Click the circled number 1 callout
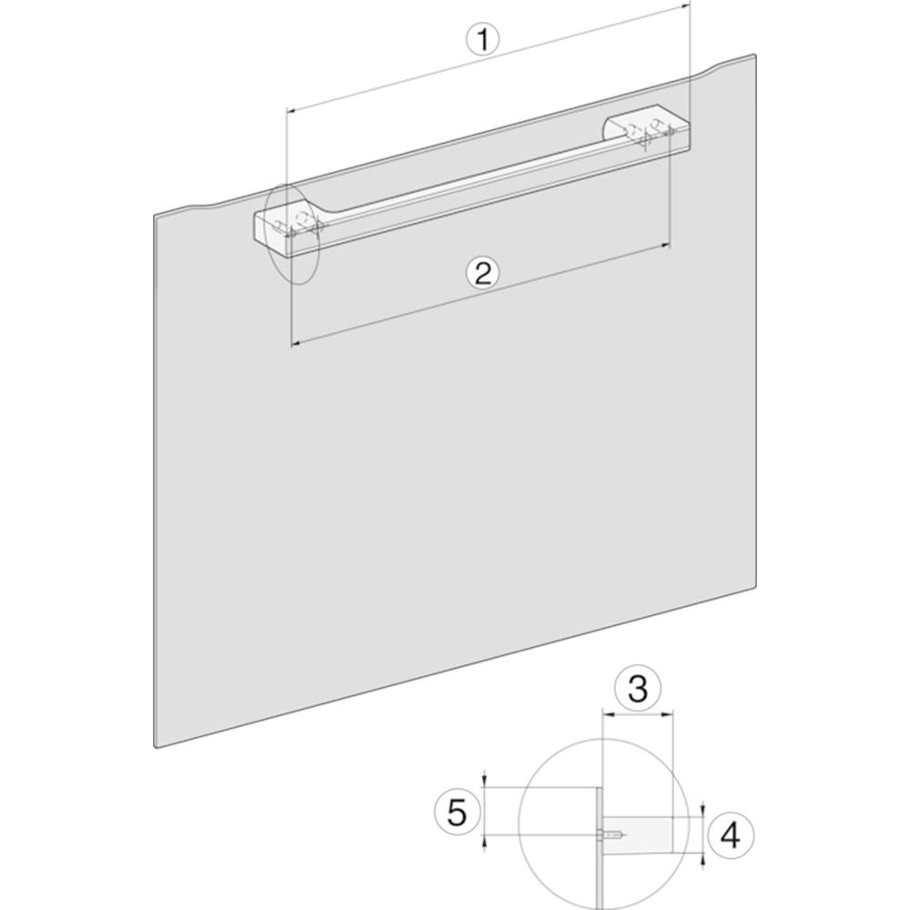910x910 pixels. [482, 40]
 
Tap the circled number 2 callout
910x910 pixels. [483, 273]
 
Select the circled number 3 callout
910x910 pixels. [638, 689]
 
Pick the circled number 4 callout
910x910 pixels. [730, 835]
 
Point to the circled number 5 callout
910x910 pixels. [458, 812]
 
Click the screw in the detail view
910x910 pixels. [612, 835]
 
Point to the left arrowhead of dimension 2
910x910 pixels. [295, 344]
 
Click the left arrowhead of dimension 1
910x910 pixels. [291, 110]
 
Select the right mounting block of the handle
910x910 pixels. [647, 130]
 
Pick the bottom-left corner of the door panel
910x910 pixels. [156, 747]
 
